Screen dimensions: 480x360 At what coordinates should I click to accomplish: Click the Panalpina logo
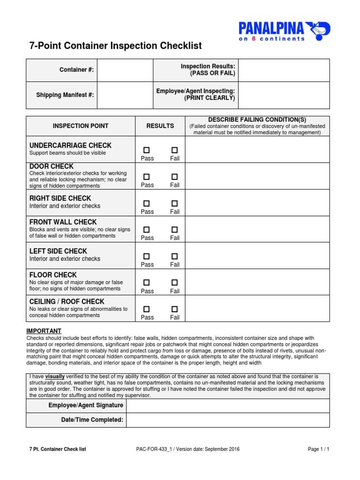click(x=284, y=31)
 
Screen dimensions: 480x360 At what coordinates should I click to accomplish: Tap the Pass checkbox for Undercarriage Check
click(x=147, y=150)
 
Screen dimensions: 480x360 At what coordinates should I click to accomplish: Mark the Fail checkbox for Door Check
click(x=174, y=177)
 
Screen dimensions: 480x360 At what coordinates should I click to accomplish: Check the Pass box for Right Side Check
click(x=147, y=203)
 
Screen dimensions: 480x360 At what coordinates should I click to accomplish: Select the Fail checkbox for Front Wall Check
click(x=174, y=230)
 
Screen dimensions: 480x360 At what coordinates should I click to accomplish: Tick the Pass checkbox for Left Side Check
click(x=147, y=256)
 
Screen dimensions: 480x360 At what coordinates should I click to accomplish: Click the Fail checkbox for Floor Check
click(x=174, y=283)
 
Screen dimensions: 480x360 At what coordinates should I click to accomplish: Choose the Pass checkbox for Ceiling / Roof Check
click(x=147, y=309)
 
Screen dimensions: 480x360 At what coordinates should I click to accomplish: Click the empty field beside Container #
click(x=125, y=70)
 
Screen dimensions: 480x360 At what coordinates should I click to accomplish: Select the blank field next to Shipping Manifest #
click(x=125, y=95)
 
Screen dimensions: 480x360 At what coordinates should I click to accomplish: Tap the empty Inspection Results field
click(x=284, y=70)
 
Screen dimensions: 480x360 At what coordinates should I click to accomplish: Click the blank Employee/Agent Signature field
click(x=228, y=405)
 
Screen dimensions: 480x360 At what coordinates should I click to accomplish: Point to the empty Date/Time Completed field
click(x=228, y=420)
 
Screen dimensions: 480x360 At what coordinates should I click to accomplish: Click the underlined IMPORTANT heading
click(x=44, y=331)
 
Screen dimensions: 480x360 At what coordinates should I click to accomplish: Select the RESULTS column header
click(x=160, y=126)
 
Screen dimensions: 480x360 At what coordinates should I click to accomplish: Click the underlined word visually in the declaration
click(x=55, y=376)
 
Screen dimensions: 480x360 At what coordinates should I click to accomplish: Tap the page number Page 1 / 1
click(x=318, y=449)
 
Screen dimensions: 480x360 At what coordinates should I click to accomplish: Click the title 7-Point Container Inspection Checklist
click(x=116, y=46)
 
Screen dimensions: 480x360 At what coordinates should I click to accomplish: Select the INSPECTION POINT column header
click(x=81, y=126)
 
